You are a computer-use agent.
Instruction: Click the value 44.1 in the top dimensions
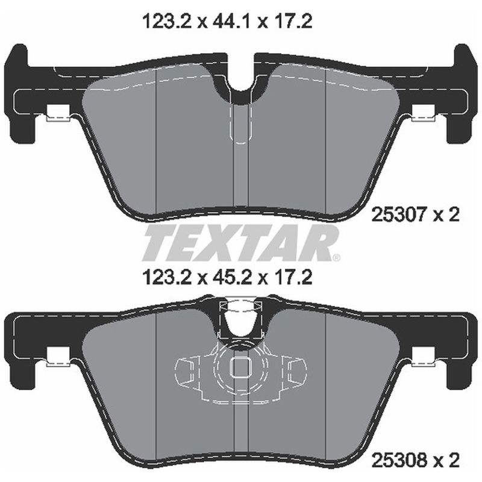(233, 22)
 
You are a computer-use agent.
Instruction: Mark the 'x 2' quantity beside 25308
(446, 462)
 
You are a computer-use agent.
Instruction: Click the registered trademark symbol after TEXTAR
(336, 257)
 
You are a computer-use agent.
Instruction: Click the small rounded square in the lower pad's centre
(241, 367)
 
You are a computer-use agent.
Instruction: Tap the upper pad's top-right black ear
(461, 60)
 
